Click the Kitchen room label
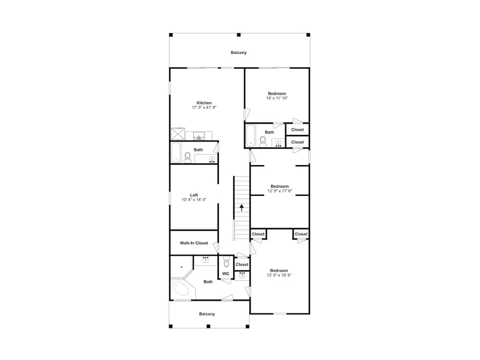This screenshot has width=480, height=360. [x=204, y=103]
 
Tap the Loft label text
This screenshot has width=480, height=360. [x=194, y=195]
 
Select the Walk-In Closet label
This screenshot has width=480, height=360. [x=194, y=243]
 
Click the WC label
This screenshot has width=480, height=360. [x=226, y=274]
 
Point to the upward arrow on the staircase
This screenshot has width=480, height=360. [x=242, y=207]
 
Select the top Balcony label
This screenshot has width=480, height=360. [x=239, y=52]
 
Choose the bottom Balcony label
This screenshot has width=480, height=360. [x=207, y=314]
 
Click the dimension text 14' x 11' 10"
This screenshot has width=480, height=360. [x=277, y=98]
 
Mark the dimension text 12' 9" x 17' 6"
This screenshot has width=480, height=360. [x=280, y=191]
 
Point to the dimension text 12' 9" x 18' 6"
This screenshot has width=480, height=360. [x=279, y=275]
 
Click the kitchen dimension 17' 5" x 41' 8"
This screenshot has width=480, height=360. [x=204, y=108]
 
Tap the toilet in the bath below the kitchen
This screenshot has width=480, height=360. [x=187, y=157]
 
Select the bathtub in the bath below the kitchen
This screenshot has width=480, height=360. [x=175, y=153]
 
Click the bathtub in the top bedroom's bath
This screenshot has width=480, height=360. [x=251, y=136]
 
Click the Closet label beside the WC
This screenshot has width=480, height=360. [x=242, y=264]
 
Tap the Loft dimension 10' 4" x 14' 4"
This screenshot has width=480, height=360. [x=194, y=200]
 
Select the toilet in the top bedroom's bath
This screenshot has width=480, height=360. [x=263, y=141]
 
